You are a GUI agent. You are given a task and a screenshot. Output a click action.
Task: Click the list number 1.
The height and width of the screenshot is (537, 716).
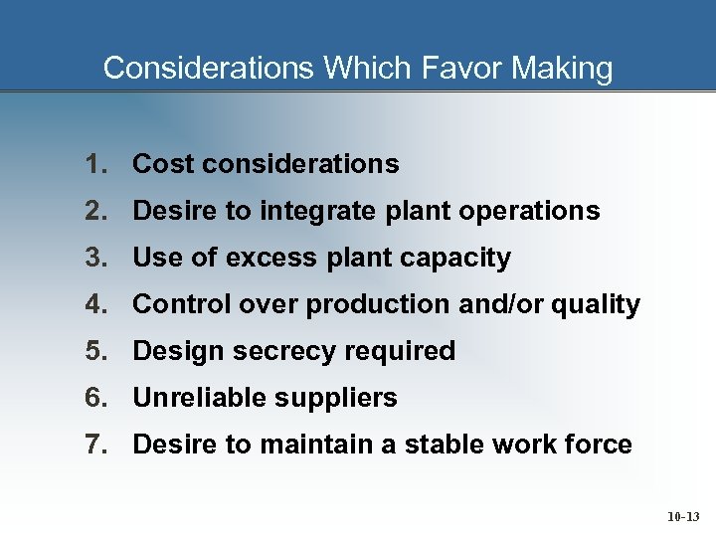tap(95, 164)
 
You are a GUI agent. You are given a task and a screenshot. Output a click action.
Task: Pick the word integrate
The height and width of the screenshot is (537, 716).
tap(313, 211)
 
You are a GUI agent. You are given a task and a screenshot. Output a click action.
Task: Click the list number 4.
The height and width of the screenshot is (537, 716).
tap(95, 304)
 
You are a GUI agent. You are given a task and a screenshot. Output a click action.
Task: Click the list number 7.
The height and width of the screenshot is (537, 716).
tap(95, 445)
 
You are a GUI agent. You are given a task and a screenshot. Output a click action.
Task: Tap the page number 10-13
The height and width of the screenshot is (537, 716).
tap(683, 517)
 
